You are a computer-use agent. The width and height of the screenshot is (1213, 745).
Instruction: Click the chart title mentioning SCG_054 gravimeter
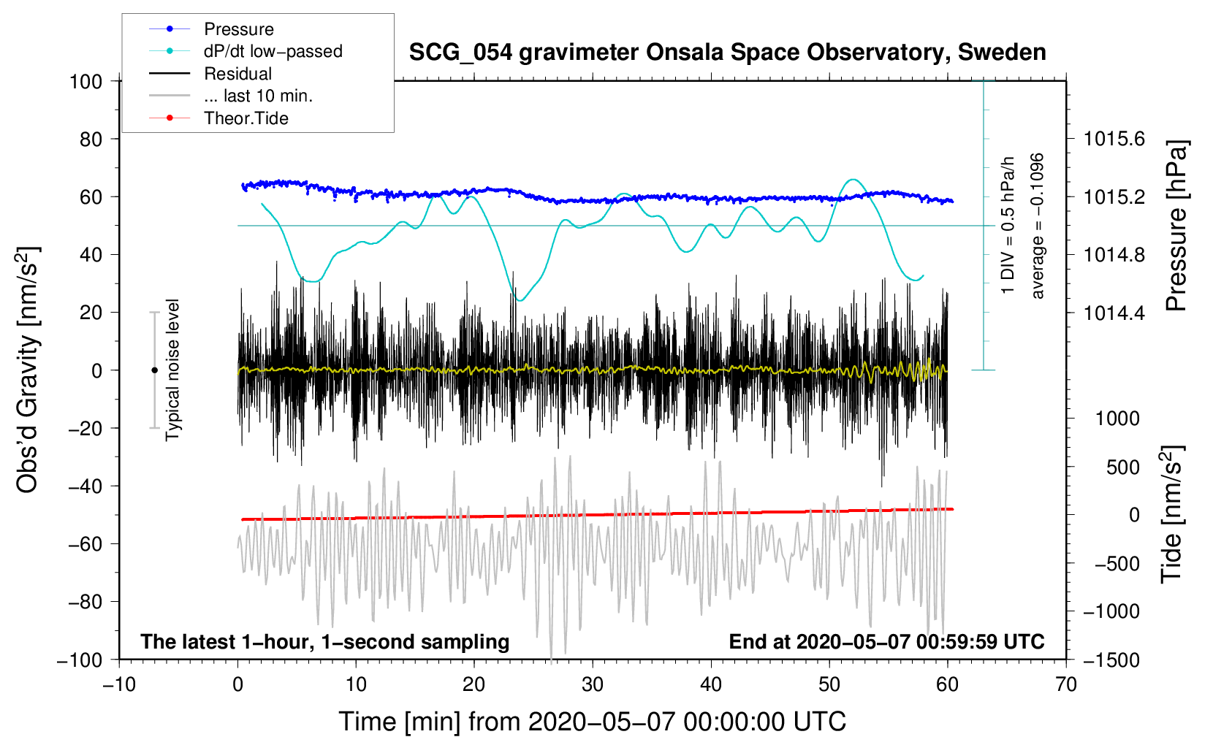727,53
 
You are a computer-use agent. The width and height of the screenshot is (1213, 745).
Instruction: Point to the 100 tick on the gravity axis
86,82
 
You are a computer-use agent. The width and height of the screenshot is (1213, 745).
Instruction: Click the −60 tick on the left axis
85,543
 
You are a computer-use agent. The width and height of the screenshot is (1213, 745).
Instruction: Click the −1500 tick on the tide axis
1111,660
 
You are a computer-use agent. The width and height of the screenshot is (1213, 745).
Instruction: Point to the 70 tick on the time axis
1065,684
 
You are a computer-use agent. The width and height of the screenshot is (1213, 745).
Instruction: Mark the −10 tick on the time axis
119,684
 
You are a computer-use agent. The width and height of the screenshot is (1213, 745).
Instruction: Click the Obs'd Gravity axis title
27,370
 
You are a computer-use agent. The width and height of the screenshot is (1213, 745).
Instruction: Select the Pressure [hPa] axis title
1176,226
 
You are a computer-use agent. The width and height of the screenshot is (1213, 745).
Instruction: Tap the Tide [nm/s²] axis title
1172,514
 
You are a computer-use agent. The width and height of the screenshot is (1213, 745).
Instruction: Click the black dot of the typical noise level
154,370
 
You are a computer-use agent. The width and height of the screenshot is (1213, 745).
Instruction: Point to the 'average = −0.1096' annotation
1037,226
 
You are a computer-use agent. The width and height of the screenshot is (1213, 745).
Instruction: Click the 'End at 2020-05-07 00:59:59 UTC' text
886,641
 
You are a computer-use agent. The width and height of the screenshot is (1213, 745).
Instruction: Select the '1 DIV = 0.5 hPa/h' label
1007,226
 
